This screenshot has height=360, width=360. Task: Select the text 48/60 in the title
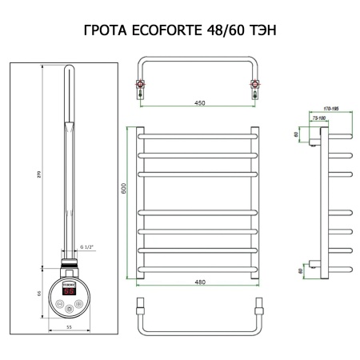(232, 31)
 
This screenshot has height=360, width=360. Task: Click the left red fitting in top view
(141, 84)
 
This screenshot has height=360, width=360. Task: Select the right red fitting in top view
(254, 84)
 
